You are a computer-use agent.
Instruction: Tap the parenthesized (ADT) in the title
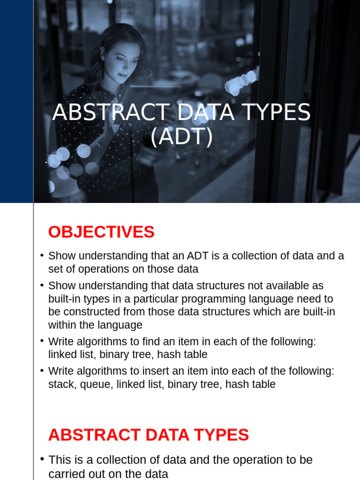click(x=181, y=137)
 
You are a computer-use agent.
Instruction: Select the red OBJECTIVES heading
click(x=101, y=232)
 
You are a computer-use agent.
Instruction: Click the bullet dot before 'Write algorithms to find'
click(x=42, y=341)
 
